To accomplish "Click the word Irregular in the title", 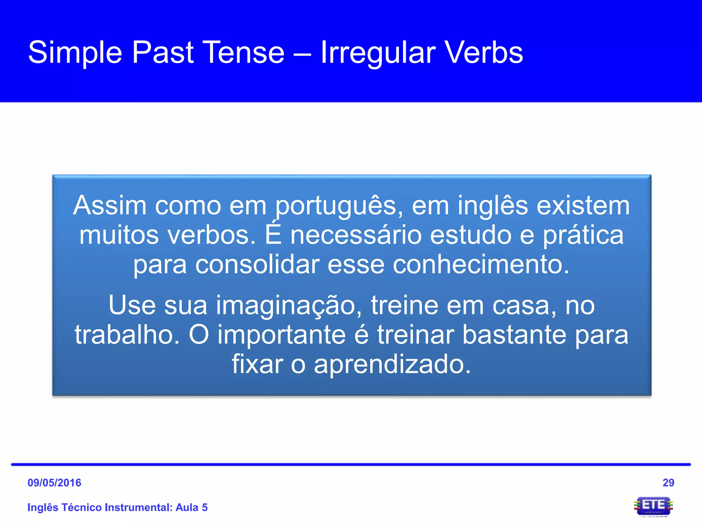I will (378, 53).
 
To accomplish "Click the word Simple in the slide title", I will (75, 53).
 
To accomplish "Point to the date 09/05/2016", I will (54, 483).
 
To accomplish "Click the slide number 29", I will (668, 483).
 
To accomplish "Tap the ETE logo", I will (653, 506).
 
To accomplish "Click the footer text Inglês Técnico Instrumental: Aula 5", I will (117, 507).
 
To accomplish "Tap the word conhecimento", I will (481, 265).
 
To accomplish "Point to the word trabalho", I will (127, 335).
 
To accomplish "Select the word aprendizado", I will (392, 364).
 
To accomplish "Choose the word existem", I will (583, 206).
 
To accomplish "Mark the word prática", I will (583, 236).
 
